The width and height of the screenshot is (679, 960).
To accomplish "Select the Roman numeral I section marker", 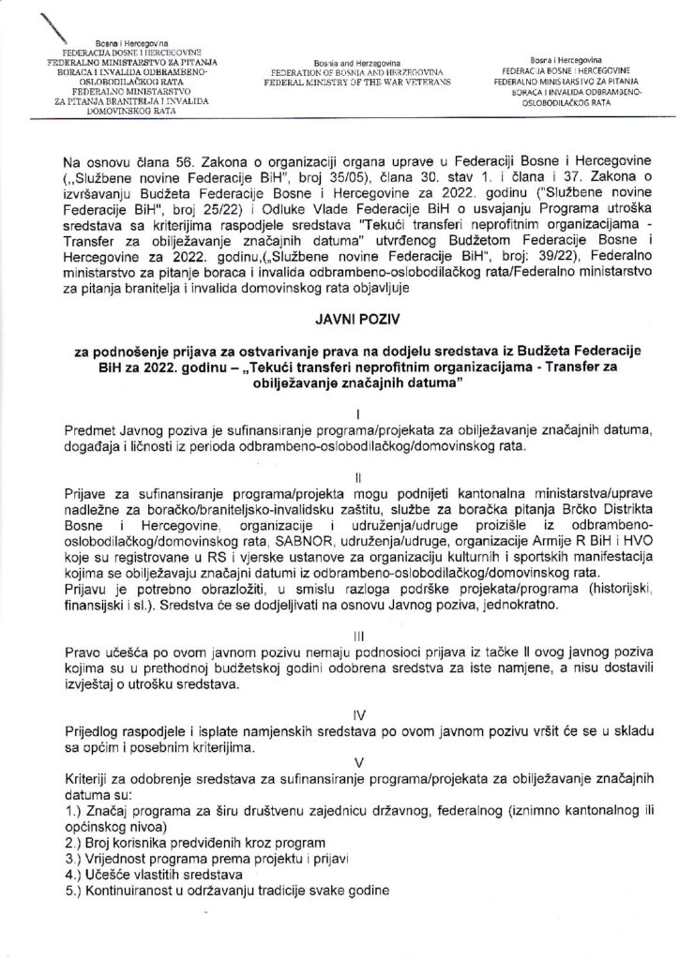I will tap(346, 413).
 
